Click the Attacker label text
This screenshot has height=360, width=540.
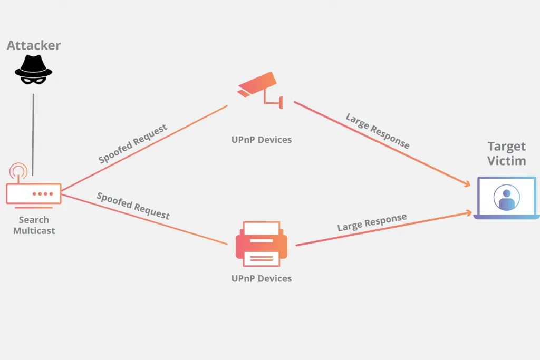tap(34, 45)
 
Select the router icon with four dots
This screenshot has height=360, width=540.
tap(34, 193)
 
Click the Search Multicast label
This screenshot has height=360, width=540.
tap(34, 225)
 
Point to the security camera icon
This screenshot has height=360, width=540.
tap(259, 89)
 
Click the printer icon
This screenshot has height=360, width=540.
tap(262, 244)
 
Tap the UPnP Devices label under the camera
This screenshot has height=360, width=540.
tap(262, 140)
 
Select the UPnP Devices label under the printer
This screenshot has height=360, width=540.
tap(262, 278)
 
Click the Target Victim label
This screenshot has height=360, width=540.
tap(506, 153)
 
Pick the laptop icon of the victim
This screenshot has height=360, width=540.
tap(506, 198)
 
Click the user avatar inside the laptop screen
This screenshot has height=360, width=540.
tap(506, 198)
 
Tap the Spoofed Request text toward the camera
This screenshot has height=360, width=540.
tap(133, 143)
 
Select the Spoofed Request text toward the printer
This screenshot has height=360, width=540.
tap(133, 206)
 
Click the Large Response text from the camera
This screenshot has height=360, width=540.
tap(378, 131)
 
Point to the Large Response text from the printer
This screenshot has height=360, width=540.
tap(372, 222)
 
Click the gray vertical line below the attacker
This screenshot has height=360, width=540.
tap(33, 134)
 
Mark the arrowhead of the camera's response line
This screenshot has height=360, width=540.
tap(467, 184)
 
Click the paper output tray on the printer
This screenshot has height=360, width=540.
tap(262, 258)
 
